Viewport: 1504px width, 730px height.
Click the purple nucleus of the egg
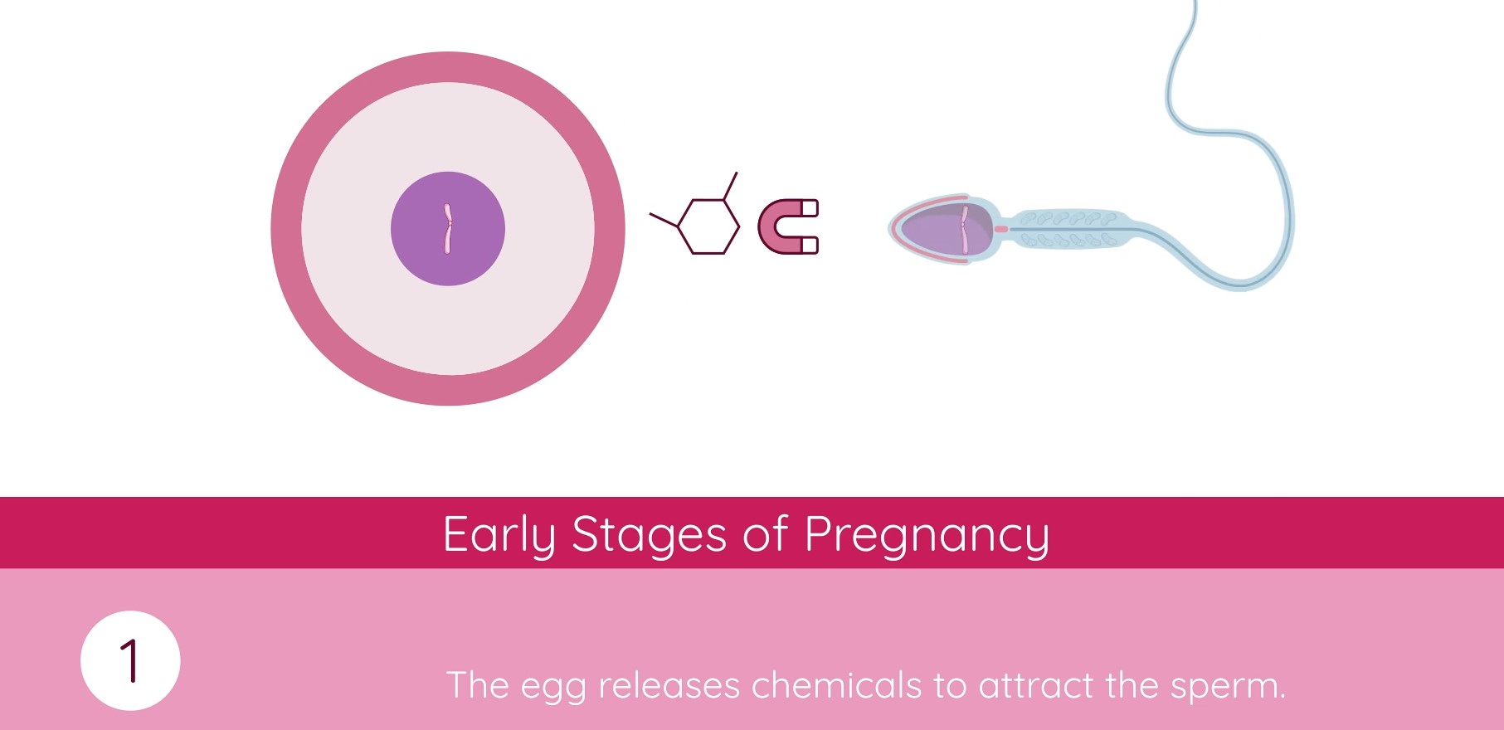[448, 229]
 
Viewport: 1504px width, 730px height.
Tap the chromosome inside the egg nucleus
[448, 228]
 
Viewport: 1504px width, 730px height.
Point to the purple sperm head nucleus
[946, 229]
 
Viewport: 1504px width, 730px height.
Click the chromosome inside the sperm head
[965, 230]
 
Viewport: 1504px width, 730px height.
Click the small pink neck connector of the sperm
[1001, 229]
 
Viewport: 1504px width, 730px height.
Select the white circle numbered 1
[130, 660]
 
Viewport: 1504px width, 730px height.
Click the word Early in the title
[499, 535]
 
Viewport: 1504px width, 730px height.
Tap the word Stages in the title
[650, 535]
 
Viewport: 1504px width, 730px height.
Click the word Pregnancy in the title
[927, 535]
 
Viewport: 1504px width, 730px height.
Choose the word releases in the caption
[669, 685]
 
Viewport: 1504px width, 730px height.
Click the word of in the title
[765, 533]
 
